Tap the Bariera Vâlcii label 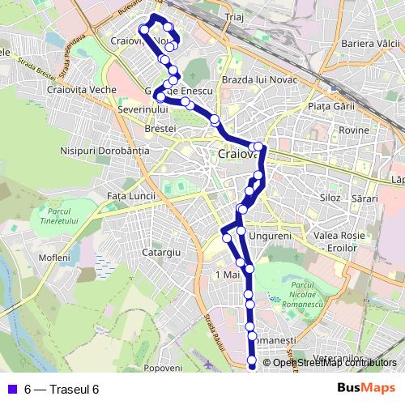pos(371,42)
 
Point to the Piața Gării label pos(321,106)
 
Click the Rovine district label pos(354,130)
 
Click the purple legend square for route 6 pos(10,389)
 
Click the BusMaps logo pos(367,389)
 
